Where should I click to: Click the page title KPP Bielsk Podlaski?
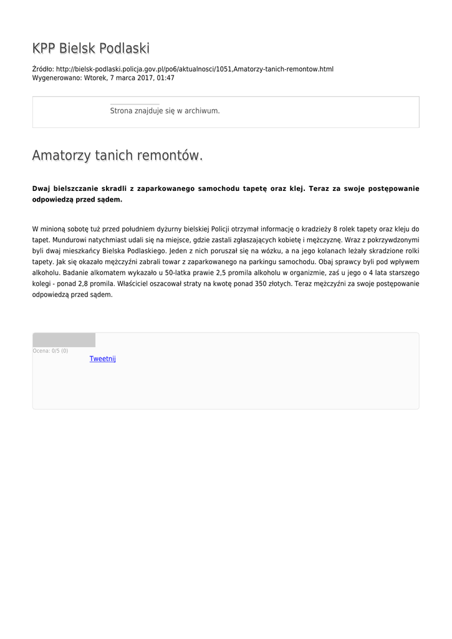pyautogui.click(x=91, y=49)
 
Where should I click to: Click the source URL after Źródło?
pyautogui.click(x=195, y=69)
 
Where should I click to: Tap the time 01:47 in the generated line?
pyautogui.click(x=166, y=78)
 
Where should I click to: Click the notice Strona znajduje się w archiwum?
pyautogui.click(x=165, y=110)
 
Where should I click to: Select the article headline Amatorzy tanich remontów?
pyautogui.click(x=117, y=155)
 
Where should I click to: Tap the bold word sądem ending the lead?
pyautogui.click(x=111, y=200)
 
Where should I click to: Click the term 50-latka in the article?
pyautogui.click(x=178, y=273)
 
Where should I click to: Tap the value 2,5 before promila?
pyautogui.click(x=223, y=273)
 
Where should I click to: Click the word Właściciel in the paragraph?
pyautogui.click(x=138, y=284)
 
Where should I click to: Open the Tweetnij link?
pyautogui.click(x=103, y=359)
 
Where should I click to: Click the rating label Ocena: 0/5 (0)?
pyautogui.click(x=50, y=351)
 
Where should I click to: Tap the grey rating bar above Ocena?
pyautogui.click(x=64, y=340)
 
